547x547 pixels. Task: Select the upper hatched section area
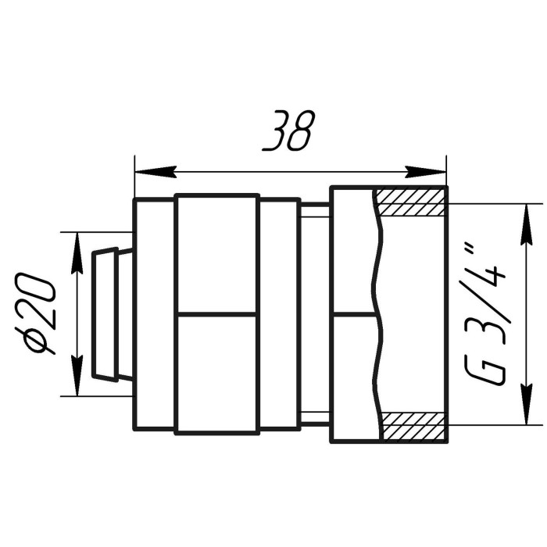(x=411, y=202)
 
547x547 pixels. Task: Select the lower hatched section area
(x=414, y=426)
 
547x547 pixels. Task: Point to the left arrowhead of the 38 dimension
(x=156, y=172)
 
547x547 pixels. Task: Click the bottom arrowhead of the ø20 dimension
(x=77, y=375)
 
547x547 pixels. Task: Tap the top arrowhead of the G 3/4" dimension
(x=527, y=224)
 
